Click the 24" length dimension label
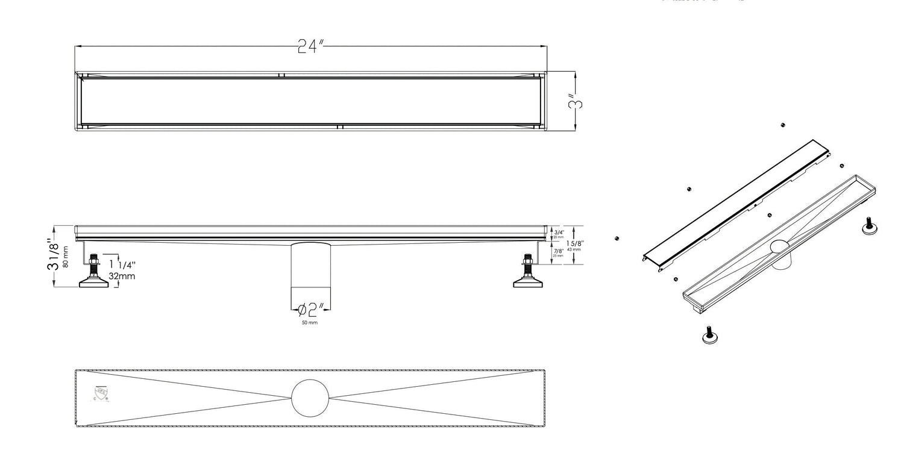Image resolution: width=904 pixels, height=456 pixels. point(311,47)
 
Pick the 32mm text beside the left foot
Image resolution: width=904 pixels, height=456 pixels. point(122,276)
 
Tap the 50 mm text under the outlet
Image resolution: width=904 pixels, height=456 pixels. point(310,323)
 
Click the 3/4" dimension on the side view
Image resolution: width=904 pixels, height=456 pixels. point(558,233)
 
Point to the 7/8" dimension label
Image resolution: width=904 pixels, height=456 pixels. point(558,251)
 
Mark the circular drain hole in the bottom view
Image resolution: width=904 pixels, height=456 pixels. point(310,398)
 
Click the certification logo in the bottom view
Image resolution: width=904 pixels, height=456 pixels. point(99,393)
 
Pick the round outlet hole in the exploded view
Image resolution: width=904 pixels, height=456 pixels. point(780,247)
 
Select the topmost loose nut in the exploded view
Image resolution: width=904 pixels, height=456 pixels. point(782,125)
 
